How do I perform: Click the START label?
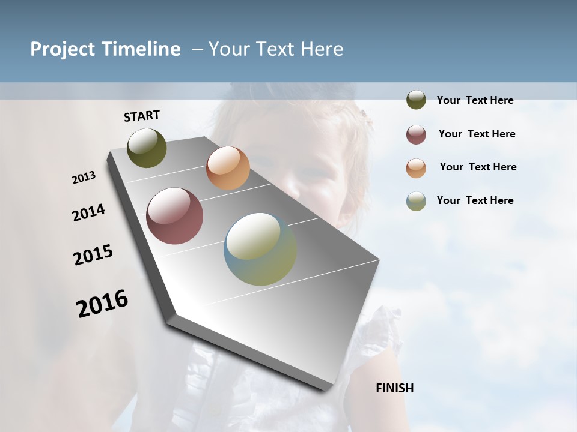[x=142, y=116]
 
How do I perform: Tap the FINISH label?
[x=394, y=388]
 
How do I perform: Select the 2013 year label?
[x=84, y=178]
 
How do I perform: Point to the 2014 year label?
[x=88, y=213]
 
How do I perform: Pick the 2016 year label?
[x=102, y=304]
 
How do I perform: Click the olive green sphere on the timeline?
[x=147, y=148]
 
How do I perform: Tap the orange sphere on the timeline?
[x=228, y=168]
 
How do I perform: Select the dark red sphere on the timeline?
[x=174, y=216]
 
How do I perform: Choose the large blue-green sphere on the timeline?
[x=260, y=249]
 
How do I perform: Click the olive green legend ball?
[x=416, y=100]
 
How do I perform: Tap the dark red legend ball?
[x=416, y=134]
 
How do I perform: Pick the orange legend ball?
[x=416, y=168]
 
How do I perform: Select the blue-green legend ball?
[x=416, y=201]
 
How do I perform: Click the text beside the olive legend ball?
[x=475, y=100]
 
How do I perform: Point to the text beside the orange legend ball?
[x=478, y=167]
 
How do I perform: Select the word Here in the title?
[x=322, y=49]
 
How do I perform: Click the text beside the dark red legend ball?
[x=477, y=134]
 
